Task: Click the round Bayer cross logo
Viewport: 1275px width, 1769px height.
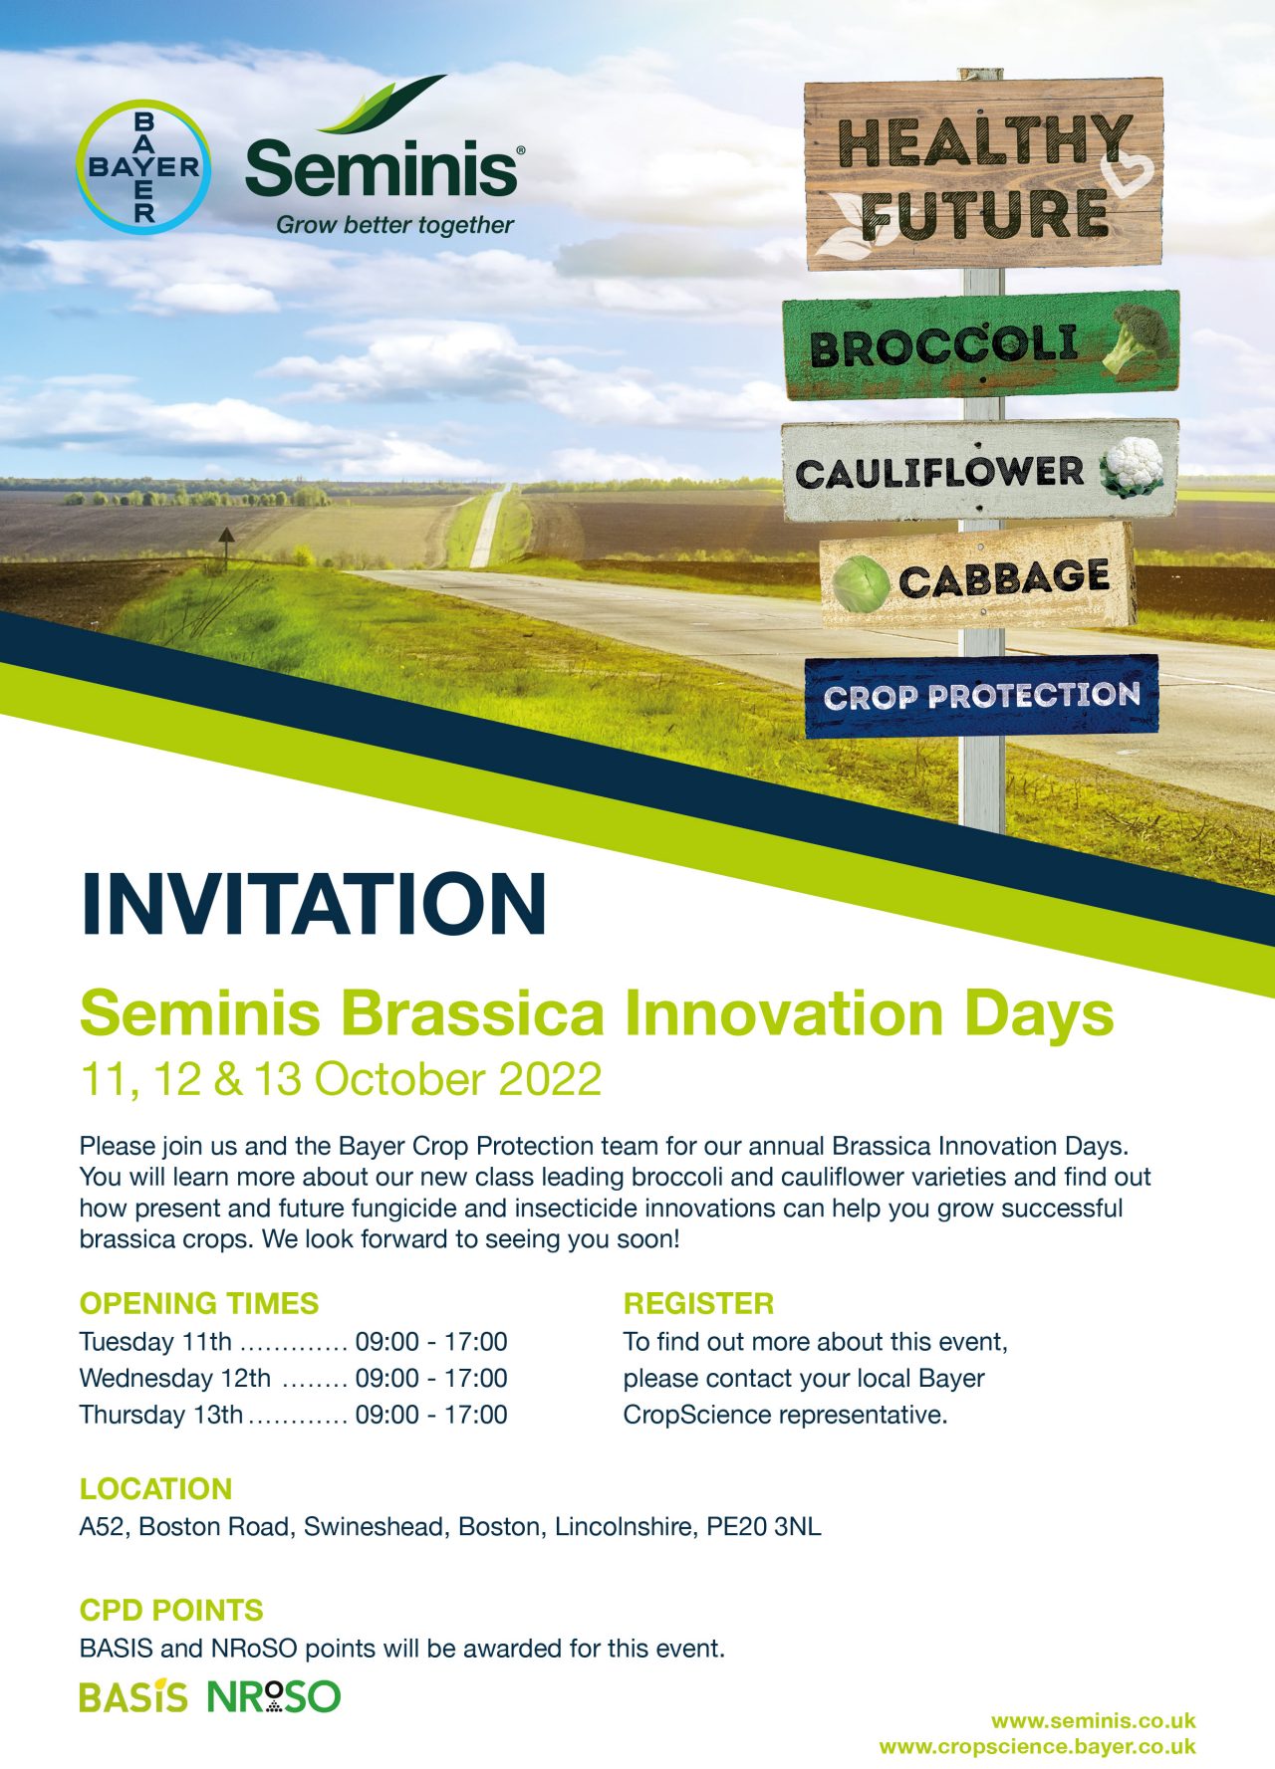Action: coord(144,167)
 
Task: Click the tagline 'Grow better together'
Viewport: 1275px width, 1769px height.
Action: coord(394,225)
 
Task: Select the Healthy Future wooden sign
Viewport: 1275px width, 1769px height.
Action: coord(983,174)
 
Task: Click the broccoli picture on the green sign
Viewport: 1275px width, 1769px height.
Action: coord(1139,336)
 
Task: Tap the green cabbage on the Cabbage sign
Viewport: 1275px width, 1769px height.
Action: coord(861,582)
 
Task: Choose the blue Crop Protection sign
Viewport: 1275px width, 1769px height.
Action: coord(981,695)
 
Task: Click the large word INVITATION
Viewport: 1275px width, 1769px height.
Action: coord(314,903)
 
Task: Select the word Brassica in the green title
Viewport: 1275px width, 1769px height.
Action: coord(471,1013)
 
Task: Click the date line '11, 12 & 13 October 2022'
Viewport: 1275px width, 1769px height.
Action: coord(341,1080)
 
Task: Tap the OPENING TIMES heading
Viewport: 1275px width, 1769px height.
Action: coord(199,1303)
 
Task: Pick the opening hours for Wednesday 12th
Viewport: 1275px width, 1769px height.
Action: coord(431,1378)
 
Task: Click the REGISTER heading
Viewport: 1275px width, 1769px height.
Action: coord(698,1303)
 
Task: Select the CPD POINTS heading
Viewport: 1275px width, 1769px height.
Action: coord(171,1610)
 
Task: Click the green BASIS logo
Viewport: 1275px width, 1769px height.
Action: coord(133,1696)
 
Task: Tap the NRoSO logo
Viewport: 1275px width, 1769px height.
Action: coord(274,1696)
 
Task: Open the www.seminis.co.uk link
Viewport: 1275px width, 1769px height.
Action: coord(1094,1721)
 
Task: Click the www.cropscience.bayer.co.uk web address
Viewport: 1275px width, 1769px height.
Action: coord(1038,1746)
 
